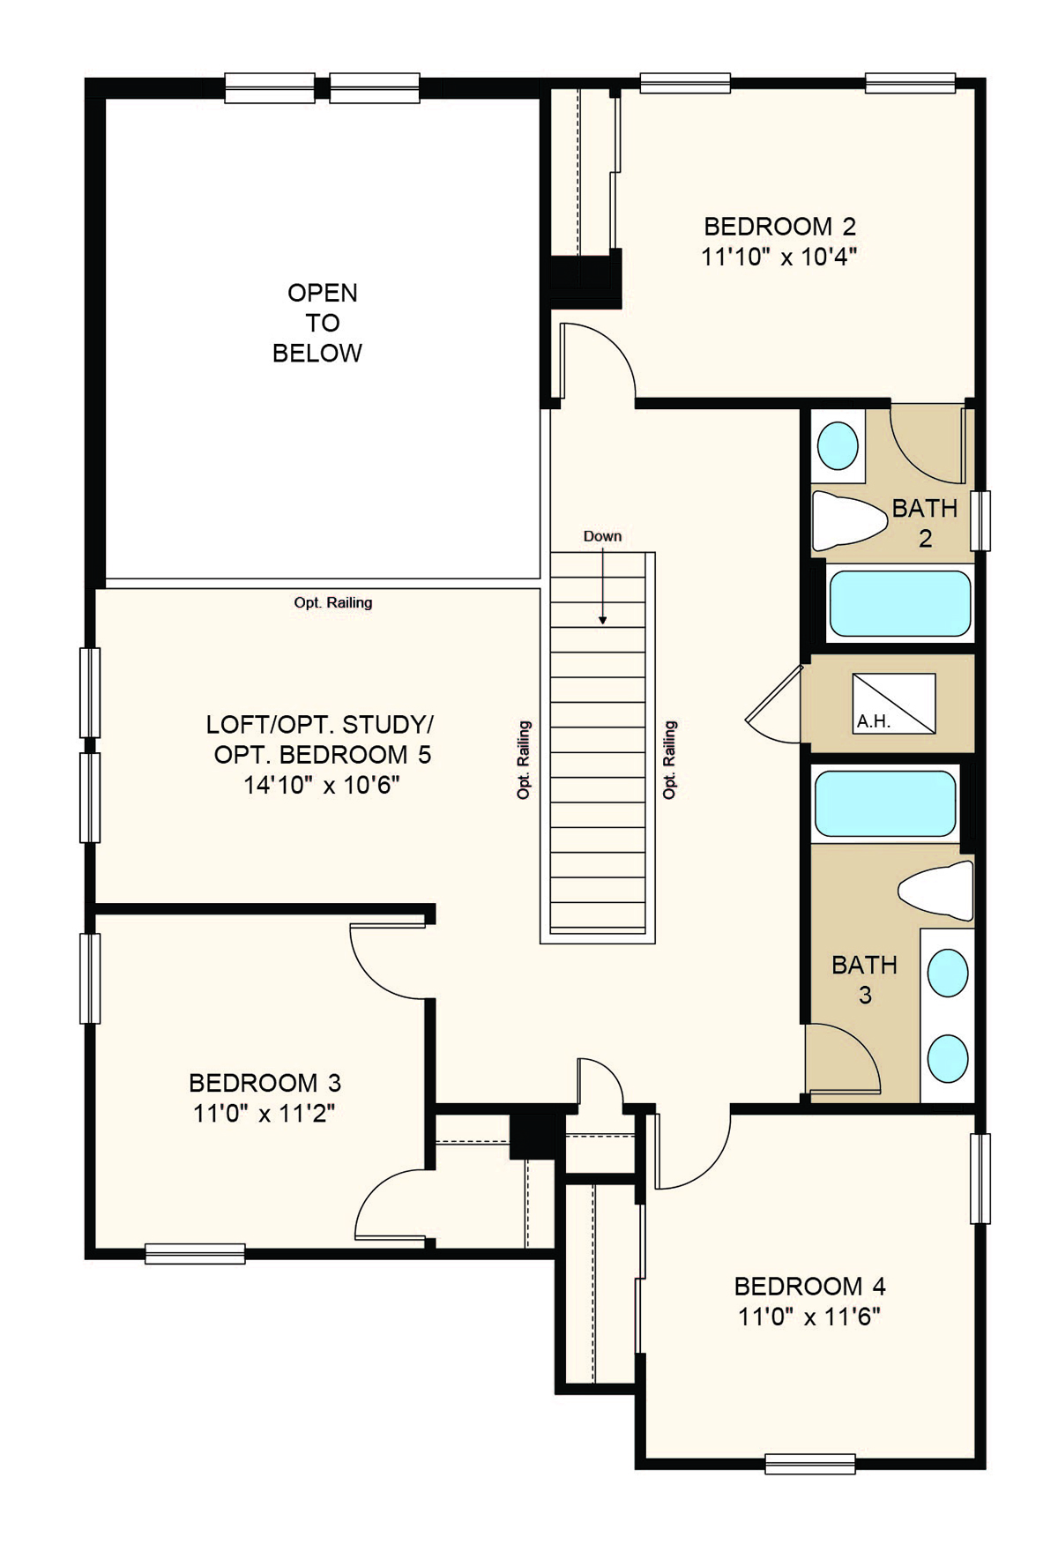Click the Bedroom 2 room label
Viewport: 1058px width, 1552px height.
coord(780,227)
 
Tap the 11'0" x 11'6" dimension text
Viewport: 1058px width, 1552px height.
coord(809,1317)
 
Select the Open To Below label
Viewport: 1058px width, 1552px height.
coord(318,323)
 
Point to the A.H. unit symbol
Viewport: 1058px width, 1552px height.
coord(894,704)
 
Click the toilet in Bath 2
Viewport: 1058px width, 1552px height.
coord(848,520)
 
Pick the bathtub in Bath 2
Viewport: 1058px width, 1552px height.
coord(900,604)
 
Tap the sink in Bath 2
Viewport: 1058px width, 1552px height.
coord(838,445)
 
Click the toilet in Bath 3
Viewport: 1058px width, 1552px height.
coord(936,892)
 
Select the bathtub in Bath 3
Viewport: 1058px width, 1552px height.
coord(885,803)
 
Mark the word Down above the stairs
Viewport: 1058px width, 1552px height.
coord(602,536)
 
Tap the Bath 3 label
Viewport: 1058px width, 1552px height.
coord(865,980)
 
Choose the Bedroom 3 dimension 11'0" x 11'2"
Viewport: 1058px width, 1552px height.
coord(264,1114)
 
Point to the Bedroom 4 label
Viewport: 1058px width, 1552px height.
coord(810,1287)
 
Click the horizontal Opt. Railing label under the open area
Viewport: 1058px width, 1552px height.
coord(333,602)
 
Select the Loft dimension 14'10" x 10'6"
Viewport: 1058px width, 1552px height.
coord(321,785)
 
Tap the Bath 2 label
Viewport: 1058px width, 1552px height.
coord(925,523)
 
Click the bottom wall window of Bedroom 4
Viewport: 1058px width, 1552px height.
coord(810,1464)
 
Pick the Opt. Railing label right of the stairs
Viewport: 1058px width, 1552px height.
coord(670,760)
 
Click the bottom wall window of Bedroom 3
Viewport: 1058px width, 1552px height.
coord(195,1253)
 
